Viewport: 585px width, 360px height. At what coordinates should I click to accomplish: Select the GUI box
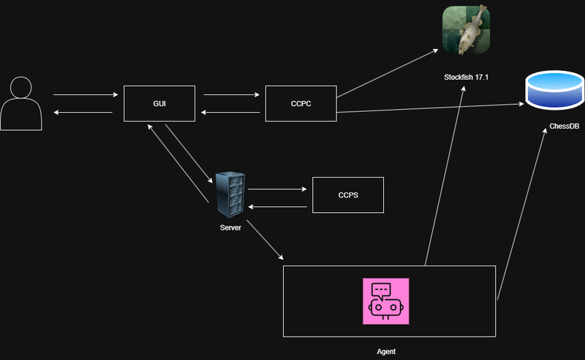(x=159, y=104)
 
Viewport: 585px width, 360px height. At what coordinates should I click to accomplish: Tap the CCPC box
(x=301, y=104)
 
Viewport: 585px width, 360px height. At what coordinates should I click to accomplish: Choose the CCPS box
(x=348, y=195)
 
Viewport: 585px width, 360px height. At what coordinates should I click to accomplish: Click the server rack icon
(x=230, y=193)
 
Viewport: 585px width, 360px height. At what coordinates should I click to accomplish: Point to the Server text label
(x=230, y=228)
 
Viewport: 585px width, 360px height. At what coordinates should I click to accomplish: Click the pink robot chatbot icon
(x=385, y=301)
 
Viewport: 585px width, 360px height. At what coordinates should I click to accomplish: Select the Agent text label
(x=386, y=351)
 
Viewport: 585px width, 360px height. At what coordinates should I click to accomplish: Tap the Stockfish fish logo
(x=466, y=29)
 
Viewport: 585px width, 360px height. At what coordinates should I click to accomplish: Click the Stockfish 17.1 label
(x=466, y=77)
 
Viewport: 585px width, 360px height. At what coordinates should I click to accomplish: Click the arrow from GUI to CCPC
(x=231, y=95)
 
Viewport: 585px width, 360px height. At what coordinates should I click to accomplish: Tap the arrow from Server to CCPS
(x=278, y=190)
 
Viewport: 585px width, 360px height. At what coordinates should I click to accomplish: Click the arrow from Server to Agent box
(x=264, y=241)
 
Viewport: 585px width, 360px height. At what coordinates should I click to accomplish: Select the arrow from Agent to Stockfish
(x=445, y=176)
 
